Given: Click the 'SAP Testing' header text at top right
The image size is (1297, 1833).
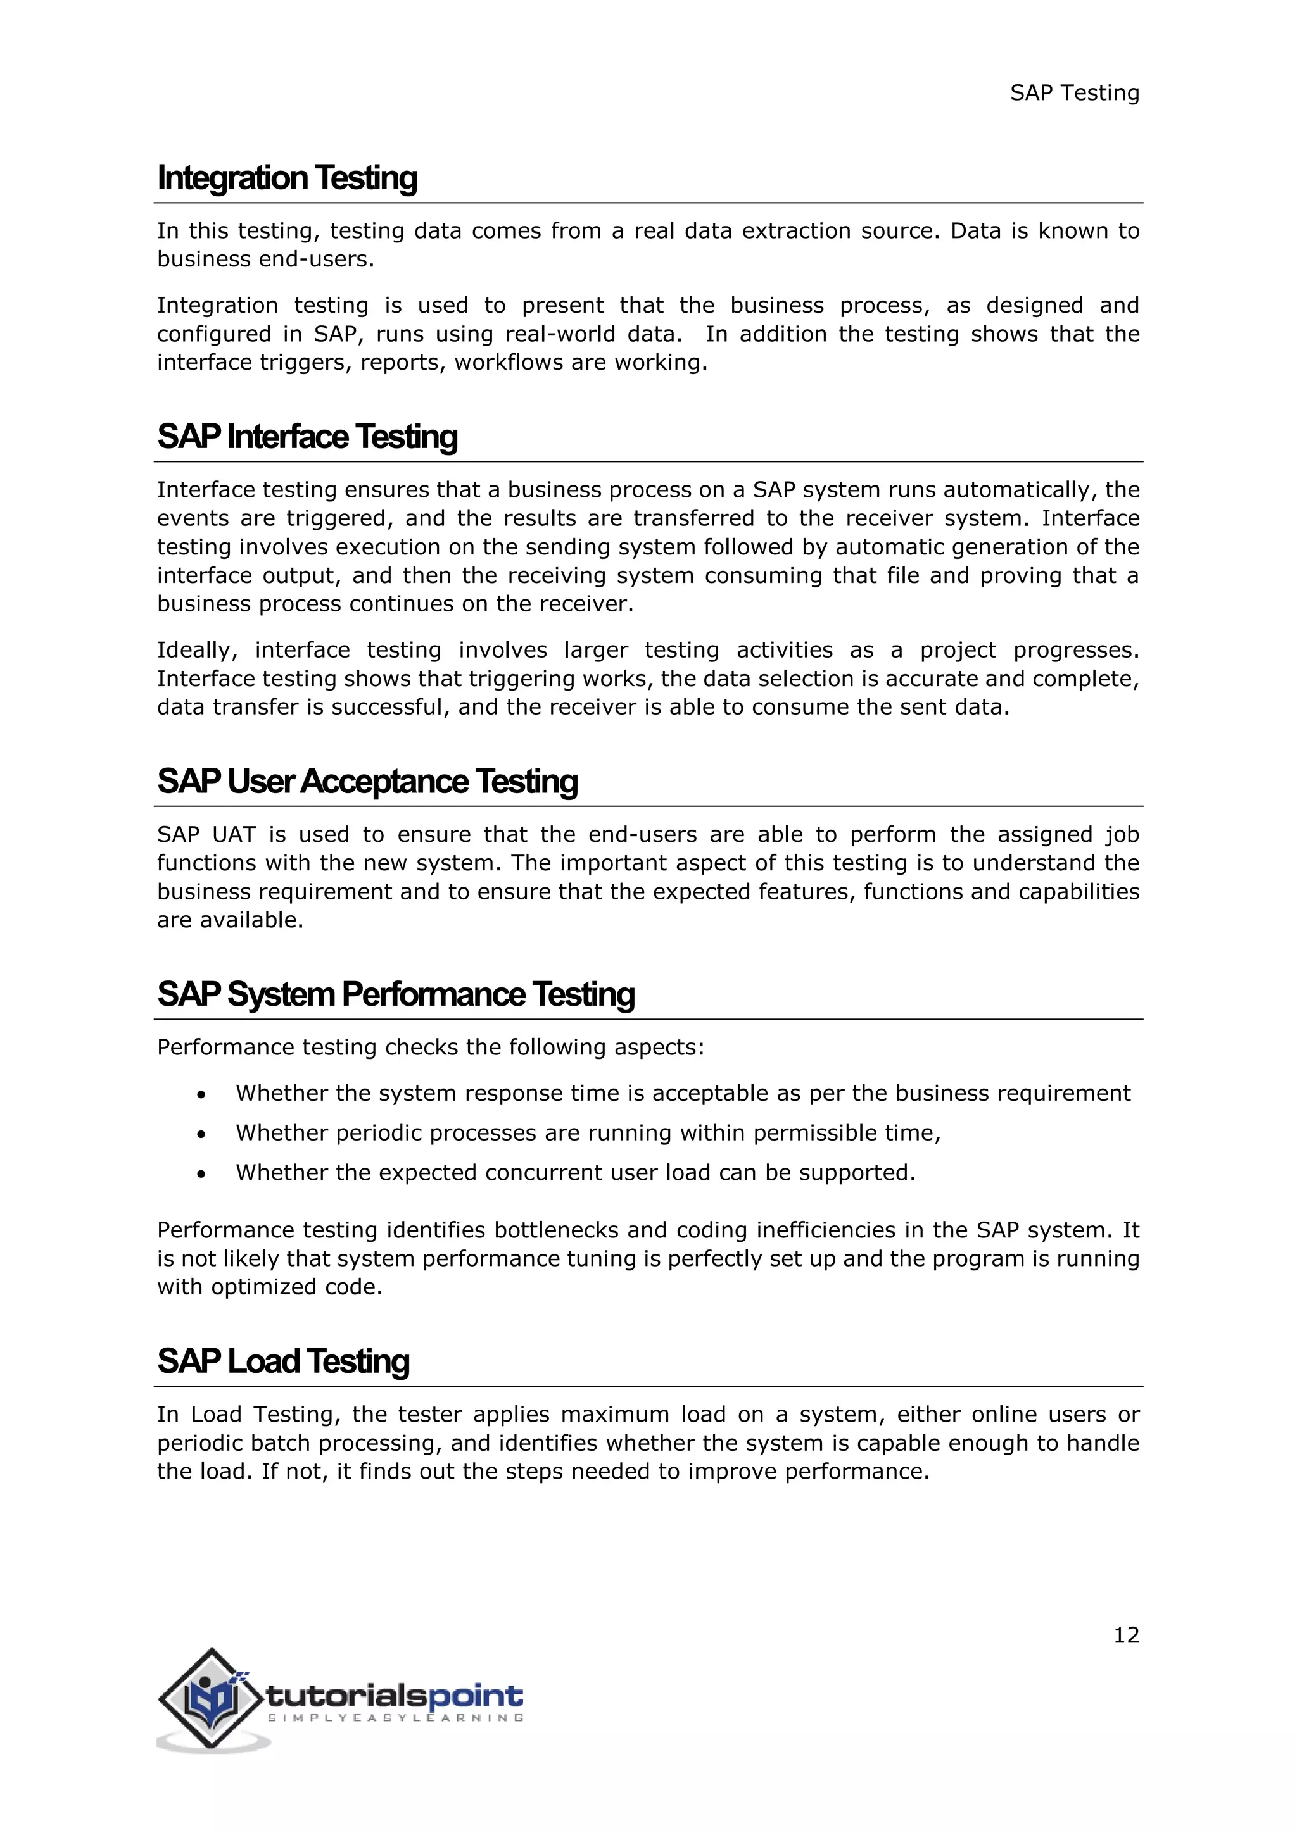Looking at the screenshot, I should [1074, 94].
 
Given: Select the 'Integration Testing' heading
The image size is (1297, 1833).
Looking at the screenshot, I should [288, 178].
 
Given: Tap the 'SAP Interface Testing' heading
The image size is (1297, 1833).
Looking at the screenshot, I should [308, 437].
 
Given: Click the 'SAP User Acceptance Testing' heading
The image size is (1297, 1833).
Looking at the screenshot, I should [367, 782].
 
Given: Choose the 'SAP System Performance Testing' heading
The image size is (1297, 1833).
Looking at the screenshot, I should [396, 995].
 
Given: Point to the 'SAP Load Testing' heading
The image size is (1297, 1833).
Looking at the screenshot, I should [284, 1361].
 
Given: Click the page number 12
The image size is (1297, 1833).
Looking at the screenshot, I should [1126, 1635].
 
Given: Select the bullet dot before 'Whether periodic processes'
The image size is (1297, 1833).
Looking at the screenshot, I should [201, 1134].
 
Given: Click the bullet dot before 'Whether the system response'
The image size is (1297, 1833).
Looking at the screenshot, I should [201, 1094].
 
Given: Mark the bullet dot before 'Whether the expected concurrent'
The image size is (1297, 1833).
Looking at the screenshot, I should [201, 1174].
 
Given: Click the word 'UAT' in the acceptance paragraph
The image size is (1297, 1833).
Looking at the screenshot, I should [234, 835].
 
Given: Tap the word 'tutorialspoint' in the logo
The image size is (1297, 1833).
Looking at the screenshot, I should [395, 1696].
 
